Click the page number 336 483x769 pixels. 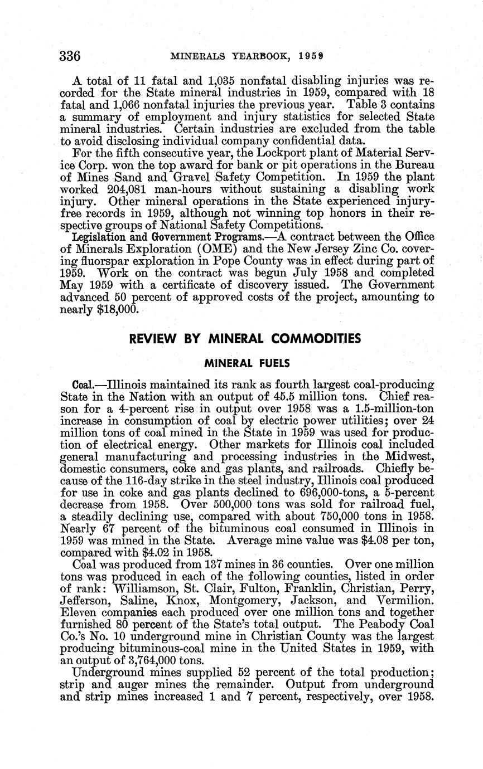[x=70, y=56]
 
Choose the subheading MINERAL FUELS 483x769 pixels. [x=247, y=363]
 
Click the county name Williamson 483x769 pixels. [x=145, y=588]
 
